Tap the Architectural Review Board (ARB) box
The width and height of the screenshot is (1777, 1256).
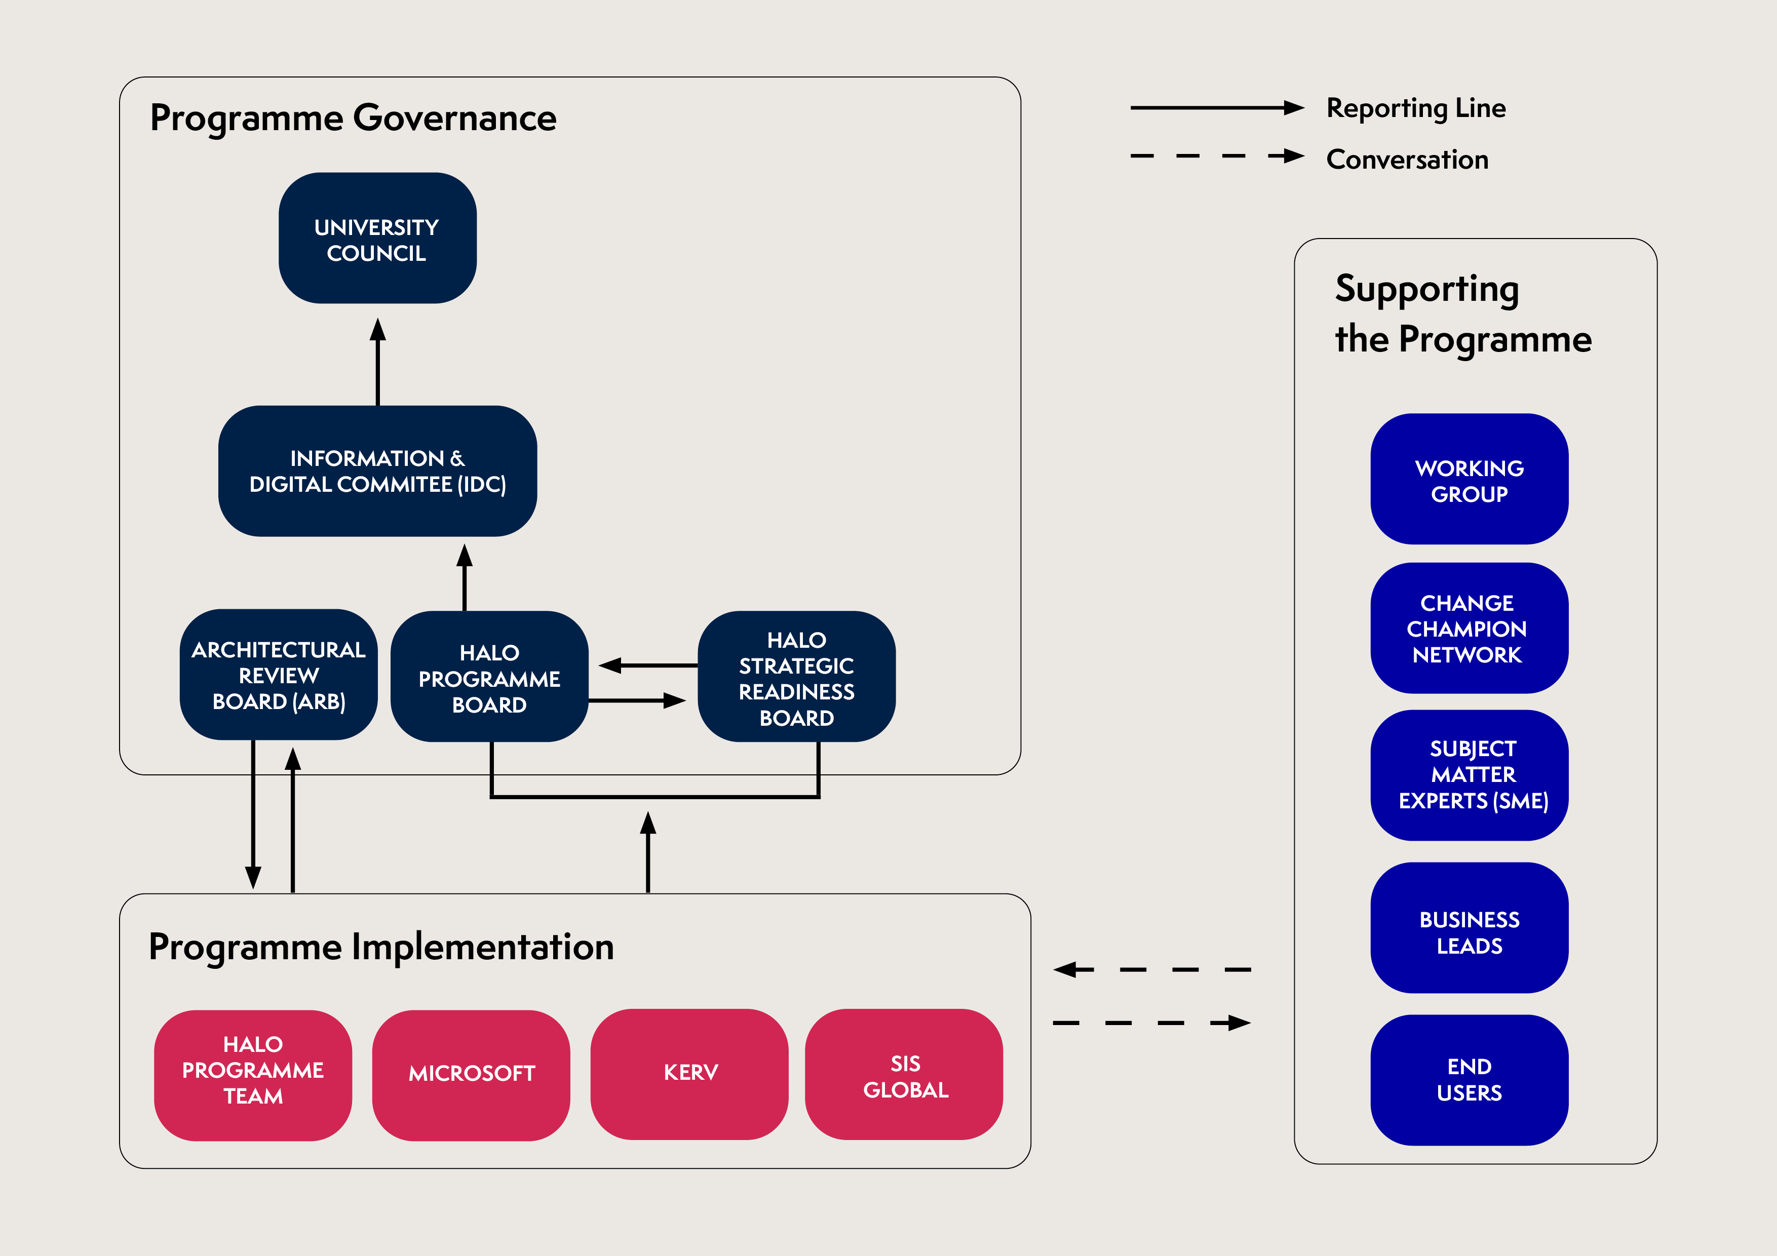pos(279,675)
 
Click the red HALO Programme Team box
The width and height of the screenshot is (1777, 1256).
pos(253,1075)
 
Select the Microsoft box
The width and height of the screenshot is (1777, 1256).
pos(471,1075)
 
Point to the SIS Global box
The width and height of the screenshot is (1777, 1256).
pos(904,1074)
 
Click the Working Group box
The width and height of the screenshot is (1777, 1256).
pos(1469,479)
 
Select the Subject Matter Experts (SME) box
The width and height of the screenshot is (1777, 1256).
pos(1469,775)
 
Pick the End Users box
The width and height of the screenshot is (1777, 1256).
pos(1469,1080)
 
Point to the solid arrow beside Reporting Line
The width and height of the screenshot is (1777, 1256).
pos(1217,107)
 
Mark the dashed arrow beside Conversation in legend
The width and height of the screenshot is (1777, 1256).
pos(1217,156)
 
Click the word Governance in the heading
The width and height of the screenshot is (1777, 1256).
pos(454,119)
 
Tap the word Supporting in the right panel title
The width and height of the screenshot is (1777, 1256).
pos(1426,289)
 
